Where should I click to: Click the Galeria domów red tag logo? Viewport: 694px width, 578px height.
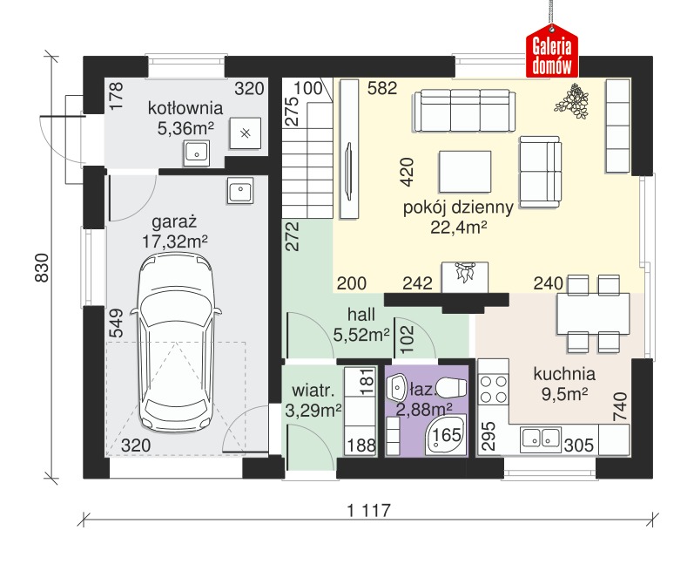(552, 51)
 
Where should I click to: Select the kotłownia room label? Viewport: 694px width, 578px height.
(185, 108)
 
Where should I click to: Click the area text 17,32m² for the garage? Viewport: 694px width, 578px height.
(175, 241)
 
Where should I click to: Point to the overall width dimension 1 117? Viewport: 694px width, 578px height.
(369, 510)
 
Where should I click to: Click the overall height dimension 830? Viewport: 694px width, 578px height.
(42, 268)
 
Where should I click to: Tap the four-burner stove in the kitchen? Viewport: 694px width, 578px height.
(494, 388)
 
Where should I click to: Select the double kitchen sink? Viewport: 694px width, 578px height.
(541, 439)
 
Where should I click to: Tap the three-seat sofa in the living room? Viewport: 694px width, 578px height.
(465, 111)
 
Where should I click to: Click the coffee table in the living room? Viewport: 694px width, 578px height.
(465, 172)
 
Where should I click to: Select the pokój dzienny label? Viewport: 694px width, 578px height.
(458, 207)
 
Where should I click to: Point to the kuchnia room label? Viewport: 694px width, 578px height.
(564, 374)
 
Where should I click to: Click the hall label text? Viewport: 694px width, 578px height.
(361, 314)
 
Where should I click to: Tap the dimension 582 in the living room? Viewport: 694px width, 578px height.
(382, 88)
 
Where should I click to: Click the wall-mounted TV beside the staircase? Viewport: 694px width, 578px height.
(348, 171)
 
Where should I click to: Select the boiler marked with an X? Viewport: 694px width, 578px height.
(246, 133)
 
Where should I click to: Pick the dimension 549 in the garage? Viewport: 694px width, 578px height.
(116, 323)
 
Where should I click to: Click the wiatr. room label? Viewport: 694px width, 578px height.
(313, 391)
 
